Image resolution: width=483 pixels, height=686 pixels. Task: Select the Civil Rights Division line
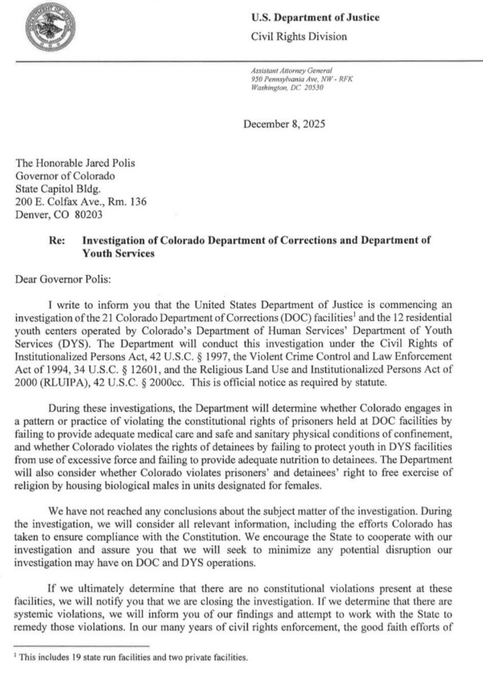point(300,36)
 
